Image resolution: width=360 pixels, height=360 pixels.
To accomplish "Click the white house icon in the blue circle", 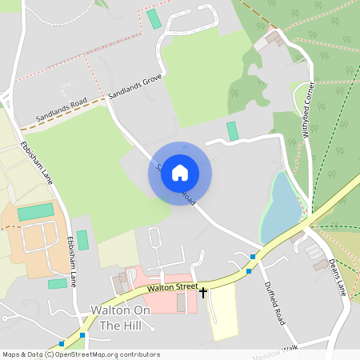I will [x=180, y=173].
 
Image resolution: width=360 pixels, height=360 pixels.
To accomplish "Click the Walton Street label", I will [x=170, y=287].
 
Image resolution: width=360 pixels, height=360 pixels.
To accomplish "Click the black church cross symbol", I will [x=203, y=294].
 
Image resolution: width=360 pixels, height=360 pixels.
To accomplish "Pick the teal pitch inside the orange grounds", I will [x=35, y=212].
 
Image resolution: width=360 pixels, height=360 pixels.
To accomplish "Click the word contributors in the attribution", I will [x=137, y=354].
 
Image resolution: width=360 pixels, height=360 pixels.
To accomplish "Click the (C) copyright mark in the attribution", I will [x=50, y=354].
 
